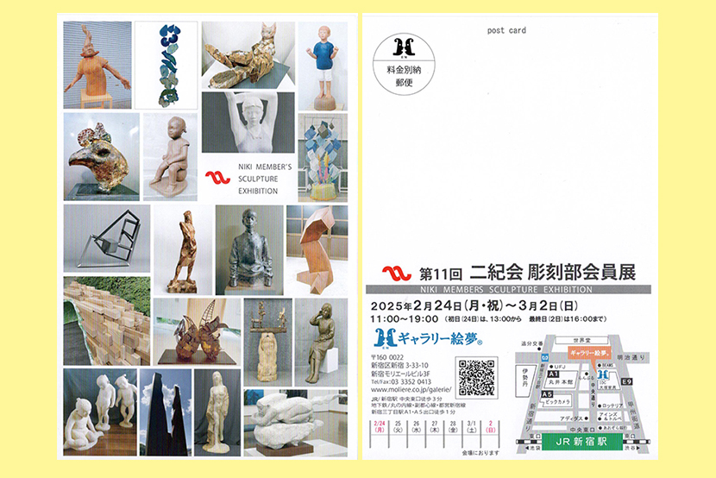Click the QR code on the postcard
[477, 376]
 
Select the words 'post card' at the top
[507, 30]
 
